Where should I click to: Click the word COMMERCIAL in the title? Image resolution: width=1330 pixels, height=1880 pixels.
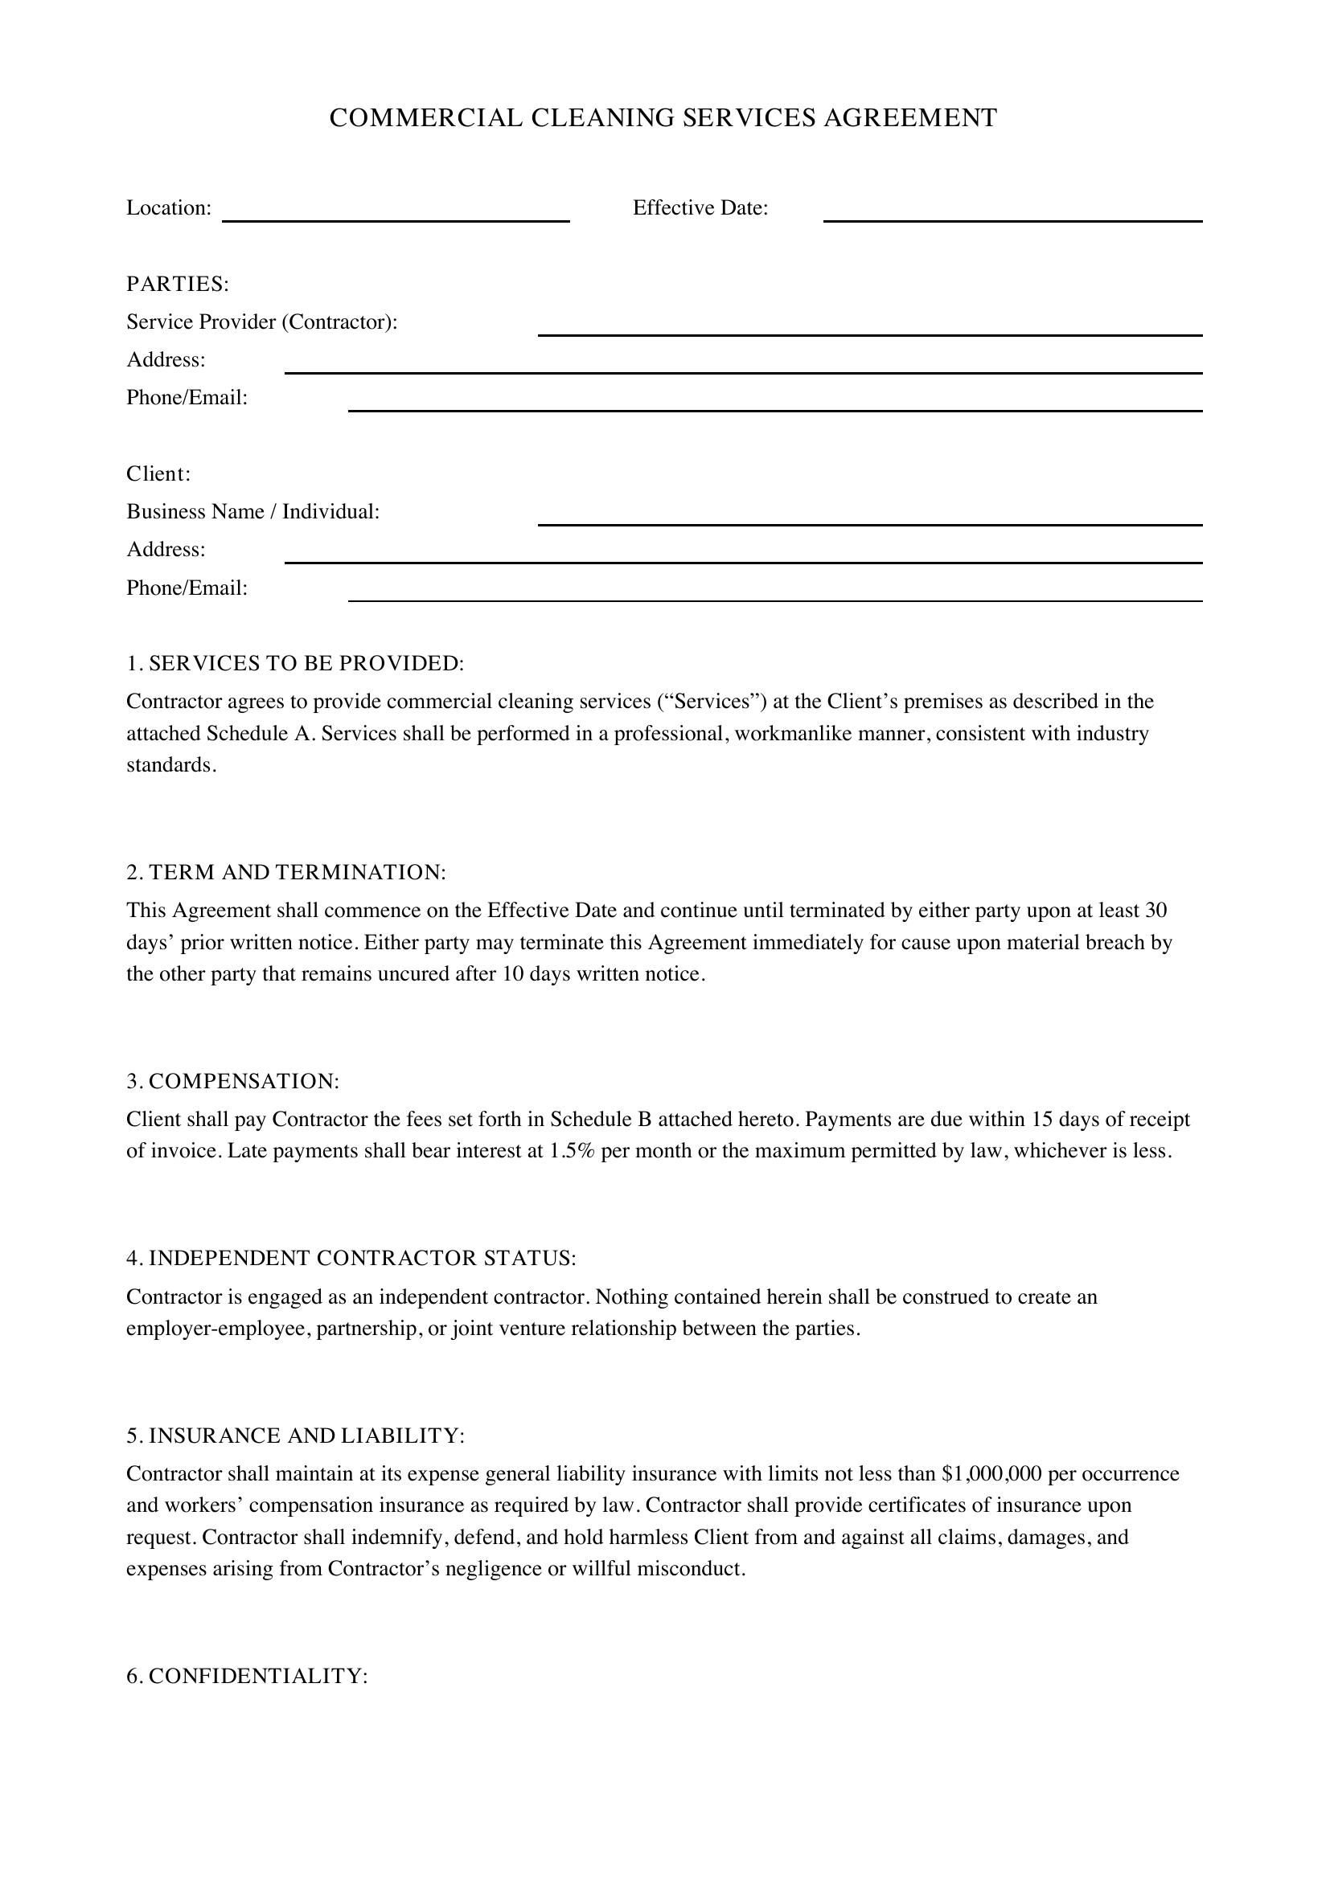[x=425, y=118]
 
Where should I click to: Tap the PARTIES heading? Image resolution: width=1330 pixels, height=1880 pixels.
[x=178, y=284]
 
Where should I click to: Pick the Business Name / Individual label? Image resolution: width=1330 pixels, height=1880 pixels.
[x=253, y=512]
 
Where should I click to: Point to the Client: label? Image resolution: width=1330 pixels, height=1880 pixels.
[x=158, y=474]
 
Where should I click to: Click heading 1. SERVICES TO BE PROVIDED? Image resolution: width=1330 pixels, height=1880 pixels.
[x=295, y=663]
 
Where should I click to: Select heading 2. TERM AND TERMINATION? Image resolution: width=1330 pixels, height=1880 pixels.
[x=285, y=872]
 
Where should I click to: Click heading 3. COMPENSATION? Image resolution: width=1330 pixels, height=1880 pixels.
[x=232, y=1081]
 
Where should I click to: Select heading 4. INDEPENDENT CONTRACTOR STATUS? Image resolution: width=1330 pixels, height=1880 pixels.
[x=351, y=1259]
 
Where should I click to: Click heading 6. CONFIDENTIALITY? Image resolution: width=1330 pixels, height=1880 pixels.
[x=248, y=1676]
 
